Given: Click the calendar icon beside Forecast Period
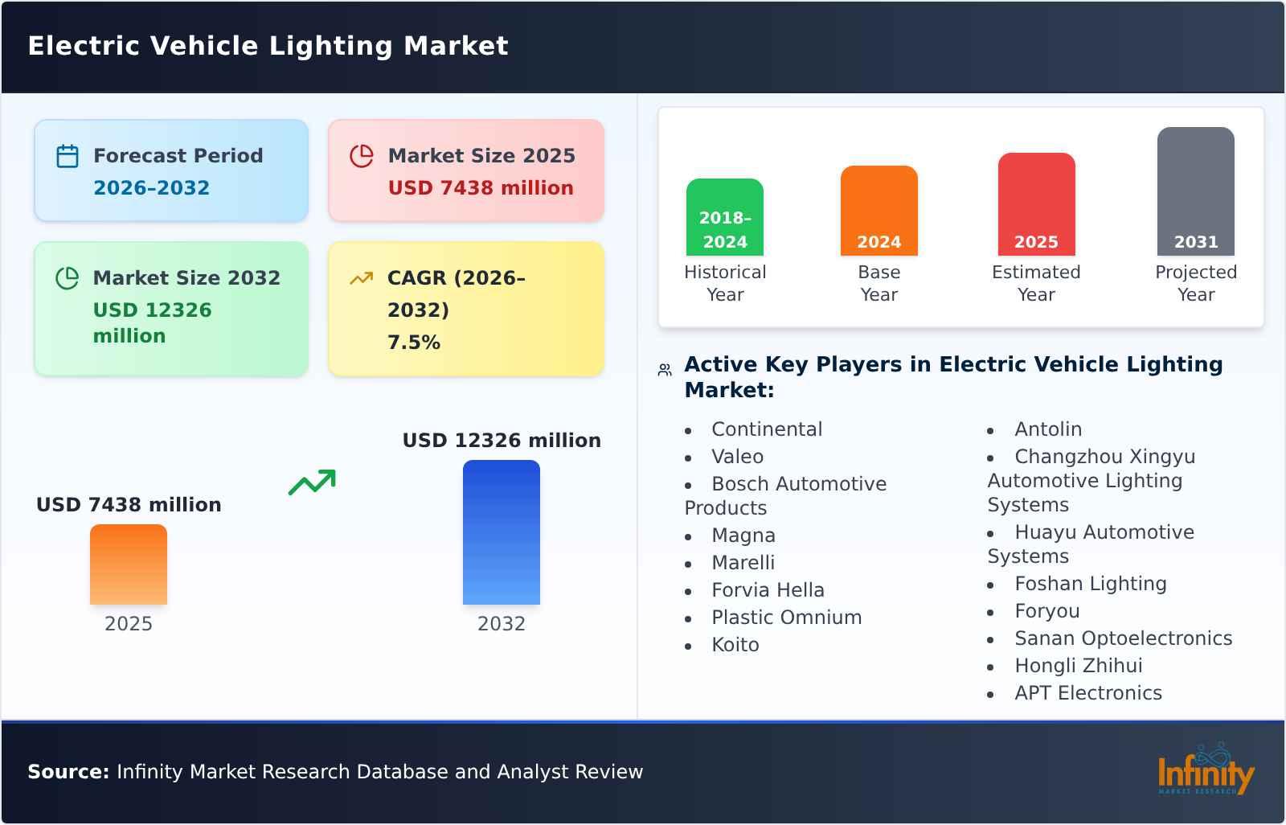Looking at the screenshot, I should pyautogui.click(x=68, y=156).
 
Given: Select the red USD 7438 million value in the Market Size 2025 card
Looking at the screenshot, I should pyautogui.click(x=481, y=188).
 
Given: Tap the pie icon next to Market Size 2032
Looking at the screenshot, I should pyautogui.click(x=68, y=278).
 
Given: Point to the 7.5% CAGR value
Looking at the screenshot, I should pyautogui.click(x=414, y=343).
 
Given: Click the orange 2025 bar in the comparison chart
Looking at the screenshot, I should pyautogui.click(x=129, y=564).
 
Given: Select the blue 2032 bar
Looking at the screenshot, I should pyautogui.click(x=502, y=532).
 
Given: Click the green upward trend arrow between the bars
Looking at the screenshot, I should pyautogui.click(x=312, y=482).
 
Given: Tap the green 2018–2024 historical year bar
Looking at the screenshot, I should pyautogui.click(x=725, y=217).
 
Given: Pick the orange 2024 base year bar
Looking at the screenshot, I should pyautogui.click(x=879, y=211).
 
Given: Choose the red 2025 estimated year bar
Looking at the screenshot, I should pyautogui.click(x=1036, y=204).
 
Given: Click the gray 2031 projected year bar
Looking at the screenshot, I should pyautogui.click(x=1196, y=191).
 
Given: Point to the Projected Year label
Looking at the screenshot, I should pyautogui.click(x=1196, y=283).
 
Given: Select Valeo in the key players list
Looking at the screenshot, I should pyautogui.click(x=737, y=457).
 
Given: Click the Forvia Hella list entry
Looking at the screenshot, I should pyautogui.click(x=768, y=590).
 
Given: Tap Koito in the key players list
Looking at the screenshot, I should pyautogui.click(x=735, y=645).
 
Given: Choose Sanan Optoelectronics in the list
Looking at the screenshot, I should pyautogui.click(x=1123, y=638).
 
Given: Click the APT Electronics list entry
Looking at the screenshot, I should pyautogui.click(x=1087, y=693).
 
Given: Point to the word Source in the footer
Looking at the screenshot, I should pyautogui.click(x=68, y=772).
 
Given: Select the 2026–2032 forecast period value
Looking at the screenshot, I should pyautogui.click(x=151, y=188).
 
